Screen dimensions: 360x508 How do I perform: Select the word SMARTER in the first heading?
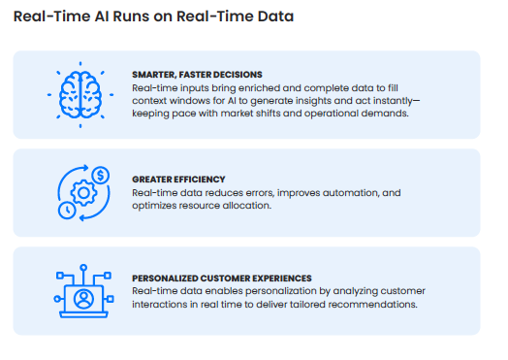[156, 74]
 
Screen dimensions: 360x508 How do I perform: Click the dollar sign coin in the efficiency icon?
[100, 176]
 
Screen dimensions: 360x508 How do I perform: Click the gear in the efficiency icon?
[81, 193]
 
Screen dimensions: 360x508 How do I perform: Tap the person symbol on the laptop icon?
[81, 293]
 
